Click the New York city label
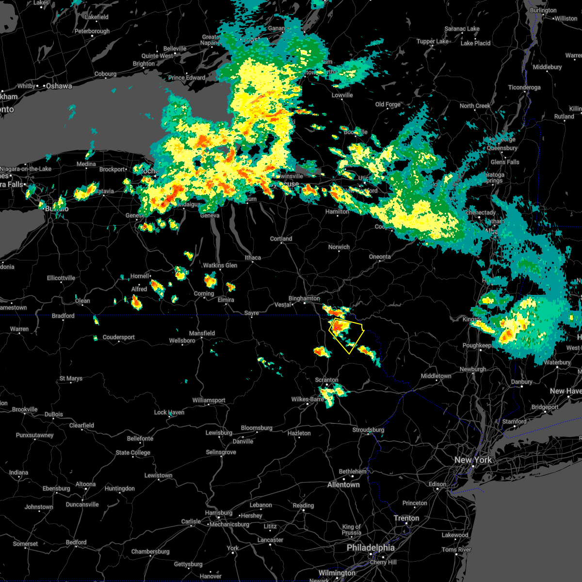[x=473, y=460]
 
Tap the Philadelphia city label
[x=371, y=548]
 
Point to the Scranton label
[x=326, y=380]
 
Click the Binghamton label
[x=304, y=299]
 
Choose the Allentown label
[x=343, y=485]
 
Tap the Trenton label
[x=406, y=518]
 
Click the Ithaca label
[x=253, y=258]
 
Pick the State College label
[x=133, y=453]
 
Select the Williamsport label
[x=209, y=400]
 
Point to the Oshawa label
[x=59, y=86]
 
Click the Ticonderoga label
[x=524, y=88]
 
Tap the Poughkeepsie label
[x=478, y=346]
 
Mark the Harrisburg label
[x=219, y=513]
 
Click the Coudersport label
[x=119, y=337]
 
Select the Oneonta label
[x=380, y=257]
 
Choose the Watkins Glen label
[x=220, y=265]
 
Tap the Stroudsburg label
[x=368, y=430]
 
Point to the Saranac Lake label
[x=462, y=29]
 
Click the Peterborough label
[x=92, y=31]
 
